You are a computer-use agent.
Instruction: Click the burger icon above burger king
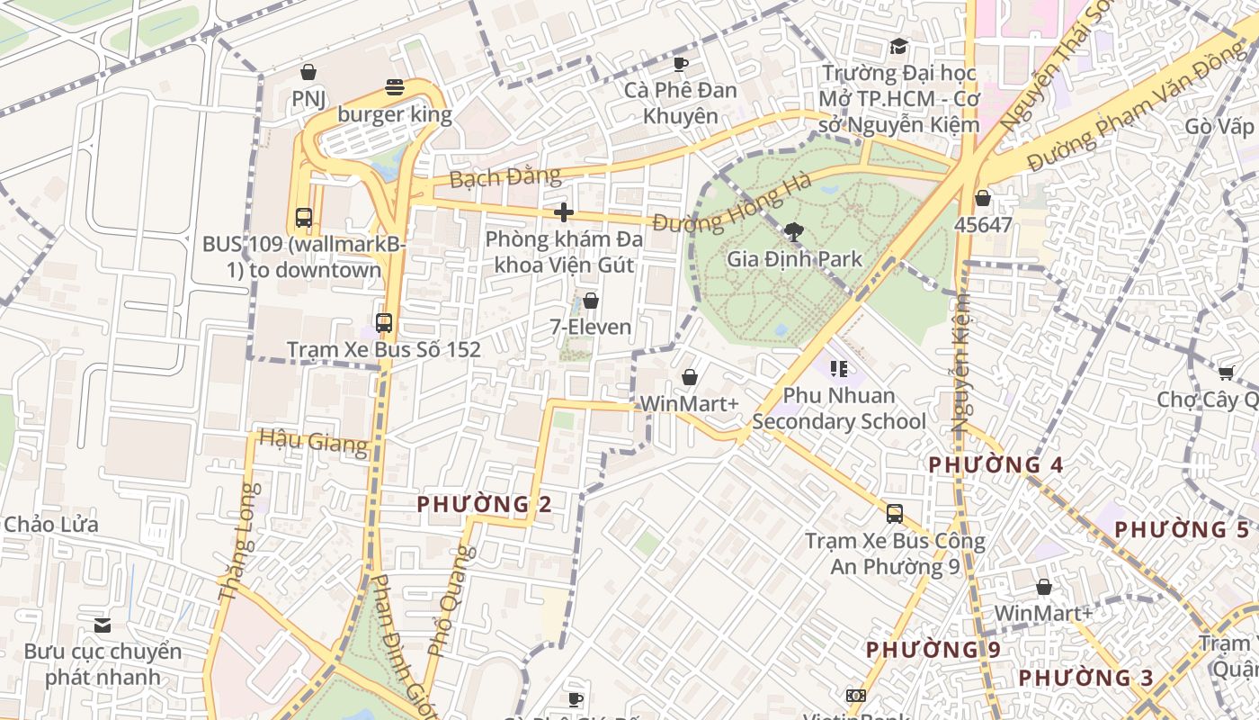coord(395,87)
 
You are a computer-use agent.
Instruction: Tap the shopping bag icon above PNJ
coord(308,72)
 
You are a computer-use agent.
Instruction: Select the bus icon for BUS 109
coord(304,217)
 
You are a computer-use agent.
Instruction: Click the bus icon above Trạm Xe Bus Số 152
coord(384,322)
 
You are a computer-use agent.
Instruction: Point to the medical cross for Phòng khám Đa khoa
coord(564,212)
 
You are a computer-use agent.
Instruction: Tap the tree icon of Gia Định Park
coord(793,232)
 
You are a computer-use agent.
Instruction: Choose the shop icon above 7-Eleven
coord(591,301)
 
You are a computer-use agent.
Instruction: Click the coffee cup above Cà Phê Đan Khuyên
coord(681,64)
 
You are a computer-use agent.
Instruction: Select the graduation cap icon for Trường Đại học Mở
coord(898,46)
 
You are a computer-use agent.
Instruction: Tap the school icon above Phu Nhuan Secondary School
coord(839,368)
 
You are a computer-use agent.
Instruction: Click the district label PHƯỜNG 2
coord(484,505)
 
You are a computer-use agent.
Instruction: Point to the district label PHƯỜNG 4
coord(996,465)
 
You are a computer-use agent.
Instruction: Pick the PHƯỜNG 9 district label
coord(933,650)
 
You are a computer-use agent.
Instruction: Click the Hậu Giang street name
coord(313,441)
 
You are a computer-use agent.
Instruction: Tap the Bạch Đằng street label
coord(504,176)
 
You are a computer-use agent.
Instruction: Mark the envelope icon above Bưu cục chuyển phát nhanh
coord(103,625)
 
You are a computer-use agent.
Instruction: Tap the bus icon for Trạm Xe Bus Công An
coord(895,514)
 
